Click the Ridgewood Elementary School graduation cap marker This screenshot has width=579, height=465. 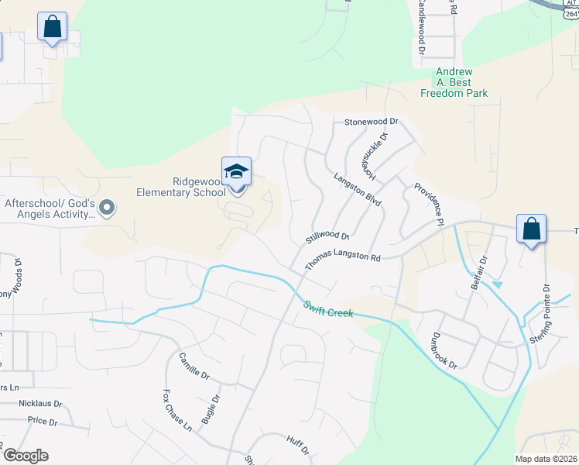[x=237, y=173]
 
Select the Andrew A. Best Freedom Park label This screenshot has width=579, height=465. [x=454, y=82]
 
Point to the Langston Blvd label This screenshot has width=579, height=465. [x=358, y=189]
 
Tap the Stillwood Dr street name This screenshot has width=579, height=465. [x=327, y=234]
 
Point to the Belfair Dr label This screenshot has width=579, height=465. [x=480, y=274]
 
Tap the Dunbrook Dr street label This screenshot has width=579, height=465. [x=446, y=350]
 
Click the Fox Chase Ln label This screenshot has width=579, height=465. [x=177, y=410]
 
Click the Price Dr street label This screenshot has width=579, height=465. [x=43, y=421]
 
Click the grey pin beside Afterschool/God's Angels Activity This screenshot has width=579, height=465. [x=107, y=207]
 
